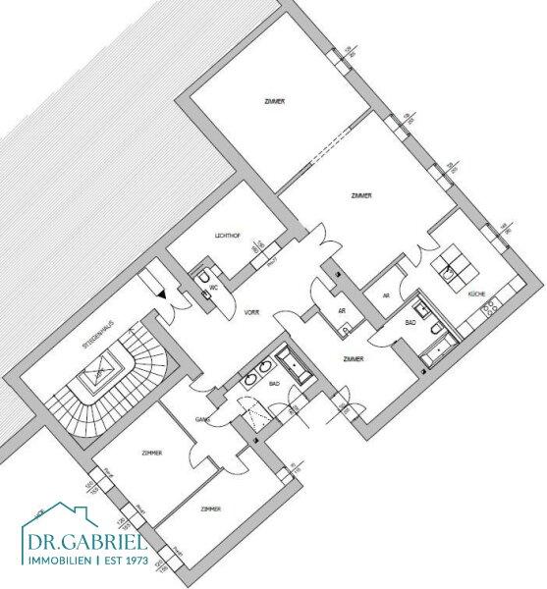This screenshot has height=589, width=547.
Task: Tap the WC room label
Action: pyautogui.click(x=212, y=289)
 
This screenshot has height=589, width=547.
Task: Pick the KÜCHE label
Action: pyautogui.click(x=476, y=294)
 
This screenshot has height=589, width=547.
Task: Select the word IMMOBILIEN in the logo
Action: pyautogui.click(x=57, y=561)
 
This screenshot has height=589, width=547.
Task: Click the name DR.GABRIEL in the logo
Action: pyautogui.click(x=85, y=542)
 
